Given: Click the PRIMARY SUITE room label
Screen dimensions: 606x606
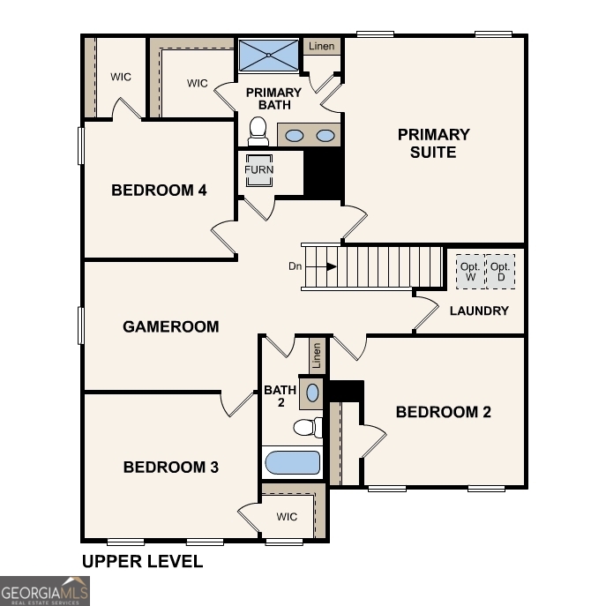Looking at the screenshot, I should [x=433, y=143].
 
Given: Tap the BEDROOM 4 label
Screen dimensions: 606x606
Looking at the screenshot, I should [x=159, y=190].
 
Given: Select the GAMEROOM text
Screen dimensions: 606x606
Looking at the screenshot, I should [x=170, y=326].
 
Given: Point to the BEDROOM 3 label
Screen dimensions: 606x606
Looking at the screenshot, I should [x=170, y=467].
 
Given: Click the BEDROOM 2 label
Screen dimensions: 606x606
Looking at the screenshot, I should [x=443, y=412].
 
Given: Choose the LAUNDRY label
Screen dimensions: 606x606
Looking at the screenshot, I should [x=479, y=310].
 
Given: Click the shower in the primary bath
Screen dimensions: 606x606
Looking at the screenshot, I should [x=268, y=56].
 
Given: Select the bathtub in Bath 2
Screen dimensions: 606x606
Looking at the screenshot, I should [x=292, y=463].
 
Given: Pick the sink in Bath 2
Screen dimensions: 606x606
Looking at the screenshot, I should [x=313, y=392].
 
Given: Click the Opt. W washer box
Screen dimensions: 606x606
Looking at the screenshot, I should [x=469, y=271].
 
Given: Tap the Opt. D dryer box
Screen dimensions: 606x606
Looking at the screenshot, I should [x=501, y=271].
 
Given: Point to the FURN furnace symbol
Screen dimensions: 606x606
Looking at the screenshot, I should [x=259, y=169].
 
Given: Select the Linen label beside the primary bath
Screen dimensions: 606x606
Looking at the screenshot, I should [x=322, y=46].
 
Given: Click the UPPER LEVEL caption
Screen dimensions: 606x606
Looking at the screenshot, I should [x=142, y=561].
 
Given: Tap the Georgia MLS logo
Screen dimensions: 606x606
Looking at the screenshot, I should [x=45, y=590].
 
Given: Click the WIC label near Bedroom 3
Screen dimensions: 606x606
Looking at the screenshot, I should [x=287, y=517].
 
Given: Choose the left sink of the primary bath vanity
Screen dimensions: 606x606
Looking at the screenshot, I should [x=295, y=136].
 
